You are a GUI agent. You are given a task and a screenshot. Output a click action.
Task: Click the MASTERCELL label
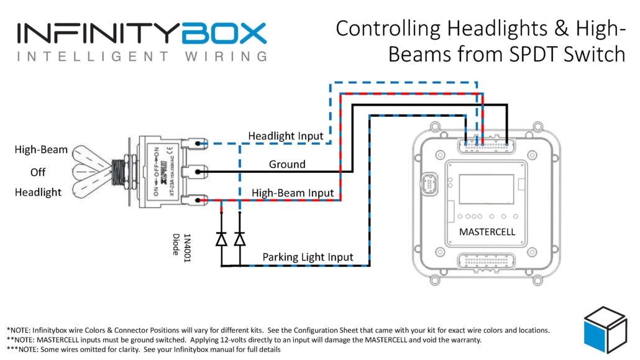pyautogui.click(x=487, y=231)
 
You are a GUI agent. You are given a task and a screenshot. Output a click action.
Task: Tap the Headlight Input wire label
pyautogui.click(x=285, y=136)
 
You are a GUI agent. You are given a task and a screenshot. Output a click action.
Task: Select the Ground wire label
pyautogui.click(x=286, y=165)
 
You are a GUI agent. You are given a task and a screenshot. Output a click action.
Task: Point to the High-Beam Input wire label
pyautogui.click(x=293, y=193)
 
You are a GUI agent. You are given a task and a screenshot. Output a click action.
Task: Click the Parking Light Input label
pyautogui.click(x=308, y=257)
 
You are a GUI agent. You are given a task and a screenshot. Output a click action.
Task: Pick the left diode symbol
pyautogui.click(x=221, y=239)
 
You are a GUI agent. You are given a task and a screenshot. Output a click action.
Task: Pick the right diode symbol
pyautogui.click(x=240, y=239)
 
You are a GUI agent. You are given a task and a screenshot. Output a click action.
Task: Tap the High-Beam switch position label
pyautogui.click(x=42, y=150)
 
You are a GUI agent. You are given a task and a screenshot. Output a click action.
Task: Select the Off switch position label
pyautogui.click(x=38, y=172)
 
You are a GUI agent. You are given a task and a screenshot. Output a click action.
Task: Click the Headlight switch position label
pyautogui.click(x=39, y=193)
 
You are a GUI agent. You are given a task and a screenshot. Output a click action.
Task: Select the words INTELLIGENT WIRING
pyautogui.click(x=142, y=57)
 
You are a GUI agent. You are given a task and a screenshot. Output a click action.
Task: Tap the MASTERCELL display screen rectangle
pyautogui.click(x=487, y=188)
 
